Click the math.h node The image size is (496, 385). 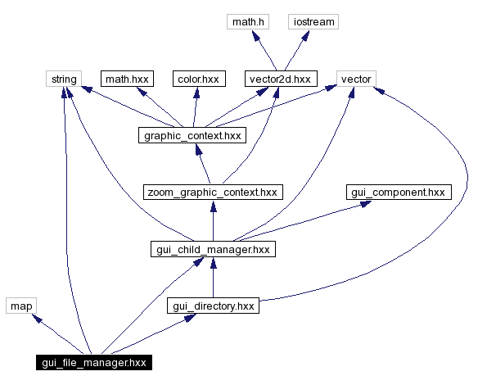250,22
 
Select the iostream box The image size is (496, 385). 313,22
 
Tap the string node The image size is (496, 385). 64,79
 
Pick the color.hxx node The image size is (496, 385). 197,79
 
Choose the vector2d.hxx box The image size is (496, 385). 280,79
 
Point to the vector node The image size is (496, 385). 354,79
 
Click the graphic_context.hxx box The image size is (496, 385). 192,136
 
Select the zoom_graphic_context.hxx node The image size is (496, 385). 212,192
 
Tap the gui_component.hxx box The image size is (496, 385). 398,192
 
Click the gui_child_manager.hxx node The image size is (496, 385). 213,249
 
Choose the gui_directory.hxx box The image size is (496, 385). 213,306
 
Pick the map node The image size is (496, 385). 20,306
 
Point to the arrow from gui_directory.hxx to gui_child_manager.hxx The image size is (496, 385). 213,278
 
